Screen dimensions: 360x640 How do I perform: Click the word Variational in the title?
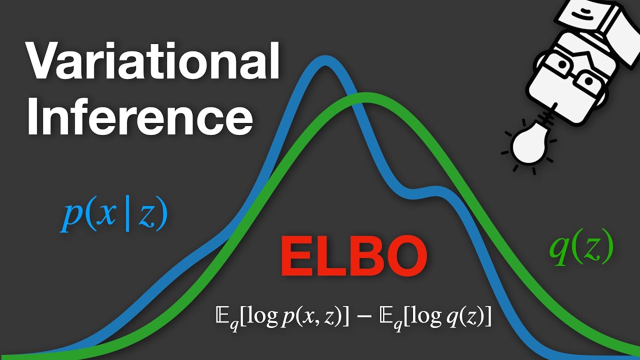tap(152, 62)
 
